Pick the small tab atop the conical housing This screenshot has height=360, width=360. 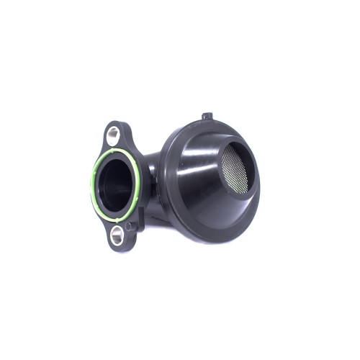coord(207,115)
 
